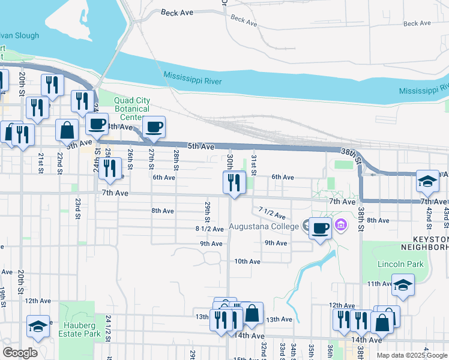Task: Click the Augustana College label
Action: point(264,227)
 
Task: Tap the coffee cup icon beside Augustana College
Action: point(321,228)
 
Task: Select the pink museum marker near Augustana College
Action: point(341,226)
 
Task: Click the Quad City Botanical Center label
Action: point(123,109)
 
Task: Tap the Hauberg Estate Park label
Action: point(79,329)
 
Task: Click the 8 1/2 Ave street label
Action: point(209,229)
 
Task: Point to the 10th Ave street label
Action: point(247,262)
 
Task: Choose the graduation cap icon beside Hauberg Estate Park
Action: point(38,326)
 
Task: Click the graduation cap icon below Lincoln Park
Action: point(403,286)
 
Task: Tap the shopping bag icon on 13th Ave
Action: point(253,313)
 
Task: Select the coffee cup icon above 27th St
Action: point(154,127)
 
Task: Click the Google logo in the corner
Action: point(20,353)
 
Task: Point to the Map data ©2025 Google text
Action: point(412,355)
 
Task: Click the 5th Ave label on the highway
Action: point(200,146)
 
